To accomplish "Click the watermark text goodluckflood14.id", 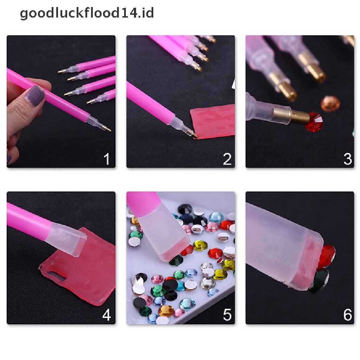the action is [87, 13].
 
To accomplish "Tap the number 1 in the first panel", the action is [107, 159].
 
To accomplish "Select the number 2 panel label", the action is [227, 159].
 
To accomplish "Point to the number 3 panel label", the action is [348, 159].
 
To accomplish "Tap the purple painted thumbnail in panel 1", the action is [35, 96].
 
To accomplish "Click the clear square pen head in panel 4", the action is [66, 239].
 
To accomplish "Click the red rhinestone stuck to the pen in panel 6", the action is [327, 256].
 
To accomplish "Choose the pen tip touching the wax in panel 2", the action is [192, 133].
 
